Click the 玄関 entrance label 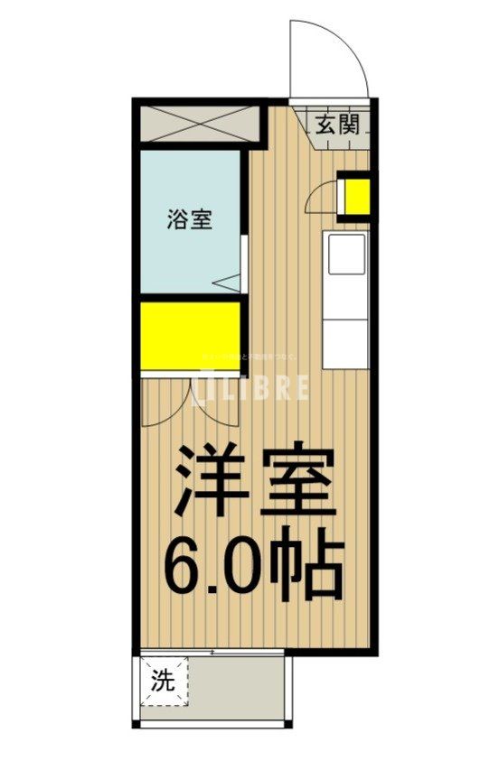tap(338, 125)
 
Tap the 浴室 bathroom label tap(190, 218)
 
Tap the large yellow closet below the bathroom tap(190, 335)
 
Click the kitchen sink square tap(346, 255)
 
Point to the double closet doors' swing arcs tap(190, 402)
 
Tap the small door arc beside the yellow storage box tap(319, 197)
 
